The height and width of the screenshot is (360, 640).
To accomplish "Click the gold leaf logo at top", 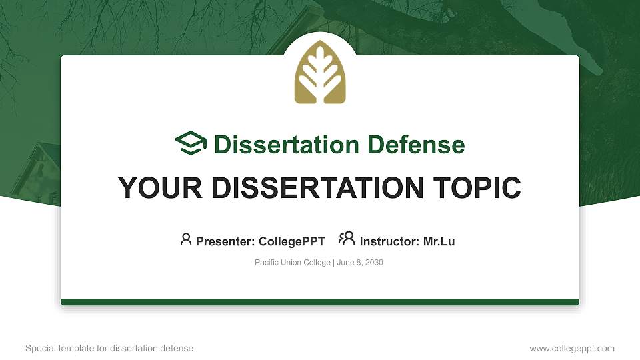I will point(320,73).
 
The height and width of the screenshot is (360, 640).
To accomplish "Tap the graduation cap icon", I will point(191,143).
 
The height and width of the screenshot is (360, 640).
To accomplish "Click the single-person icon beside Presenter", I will point(186,239).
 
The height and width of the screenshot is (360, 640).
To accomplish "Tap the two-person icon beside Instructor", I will point(347,239).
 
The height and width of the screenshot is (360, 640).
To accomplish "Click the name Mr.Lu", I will point(439,241).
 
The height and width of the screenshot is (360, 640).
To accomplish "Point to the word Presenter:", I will point(223,241).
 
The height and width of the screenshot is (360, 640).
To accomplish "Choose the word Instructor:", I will point(389,241).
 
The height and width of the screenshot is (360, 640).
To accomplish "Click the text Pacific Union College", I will point(292,263).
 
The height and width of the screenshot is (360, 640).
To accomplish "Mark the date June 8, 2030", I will point(360,263).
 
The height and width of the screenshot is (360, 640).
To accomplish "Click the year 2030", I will point(374,263).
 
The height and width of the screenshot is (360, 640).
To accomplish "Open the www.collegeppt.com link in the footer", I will point(572,348).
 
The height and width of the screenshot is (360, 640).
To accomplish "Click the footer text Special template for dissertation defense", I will point(109,348).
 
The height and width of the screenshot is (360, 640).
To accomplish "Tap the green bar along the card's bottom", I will point(320,302).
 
